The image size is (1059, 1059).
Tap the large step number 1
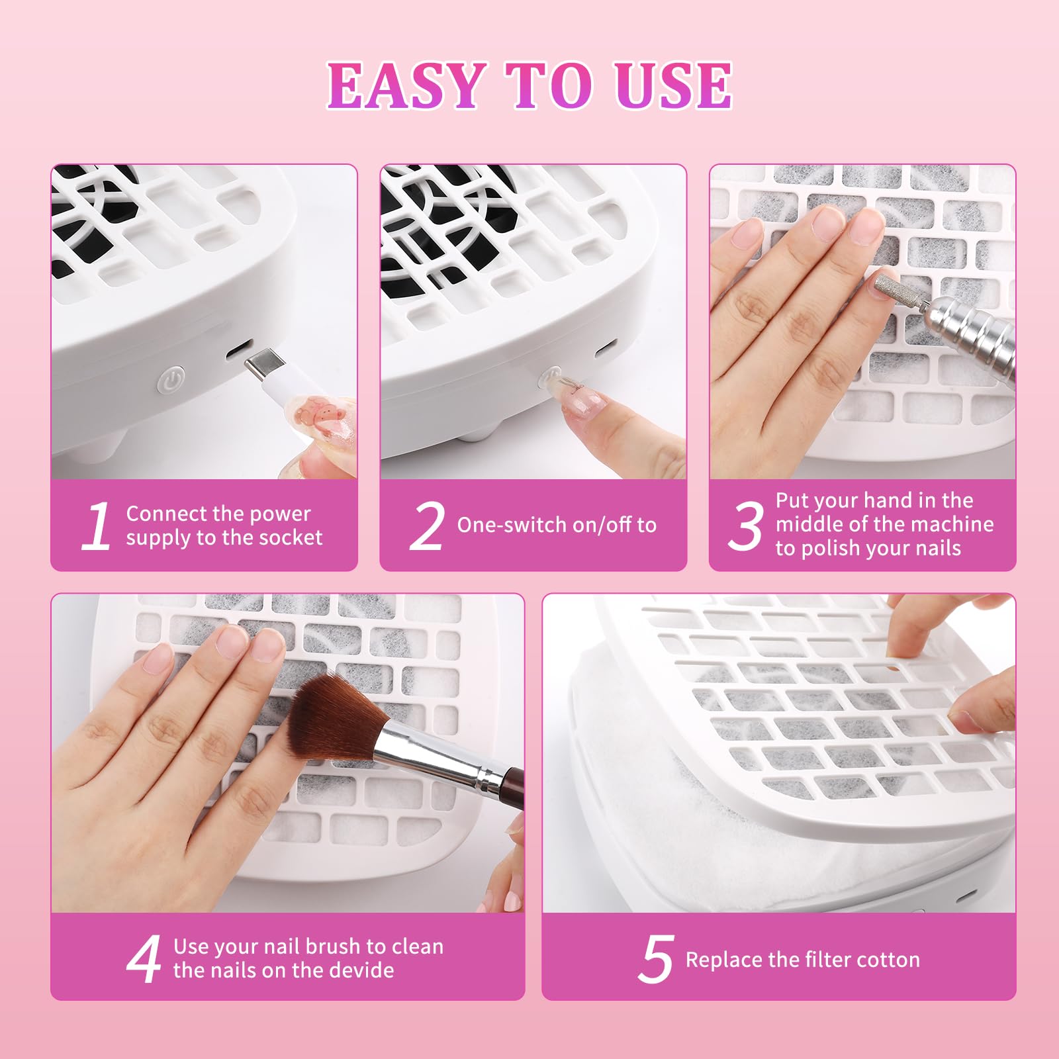[97, 526]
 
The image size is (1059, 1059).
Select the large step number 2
[426, 526]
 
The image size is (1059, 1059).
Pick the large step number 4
[144, 958]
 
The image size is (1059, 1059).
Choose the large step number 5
[656, 958]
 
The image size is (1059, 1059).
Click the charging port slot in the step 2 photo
[602, 349]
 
